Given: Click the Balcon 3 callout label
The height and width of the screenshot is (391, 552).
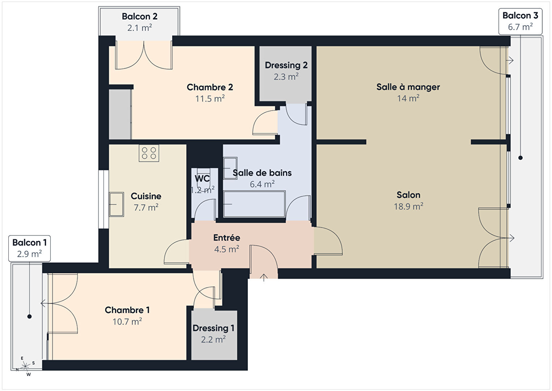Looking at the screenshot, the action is (x=520, y=21).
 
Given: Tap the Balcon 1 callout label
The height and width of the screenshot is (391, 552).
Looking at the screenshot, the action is (x=30, y=248).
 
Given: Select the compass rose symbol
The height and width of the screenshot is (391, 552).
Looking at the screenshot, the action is (x=25, y=366).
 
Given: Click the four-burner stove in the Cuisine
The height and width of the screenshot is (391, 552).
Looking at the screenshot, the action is (x=149, y=153).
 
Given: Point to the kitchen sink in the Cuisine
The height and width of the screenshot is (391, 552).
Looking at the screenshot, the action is (x=116, y=204).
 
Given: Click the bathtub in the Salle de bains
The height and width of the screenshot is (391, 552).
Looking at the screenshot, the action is (x=254, y=204).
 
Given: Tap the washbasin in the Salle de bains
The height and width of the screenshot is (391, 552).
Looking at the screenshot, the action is (x=230, y=168).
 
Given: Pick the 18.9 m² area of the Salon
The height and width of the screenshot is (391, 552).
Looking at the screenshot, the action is (x=408, y=206).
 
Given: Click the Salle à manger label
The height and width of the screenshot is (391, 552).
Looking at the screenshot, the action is (x=408, y=87).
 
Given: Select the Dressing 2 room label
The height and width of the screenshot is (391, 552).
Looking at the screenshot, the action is (x=286, y=65).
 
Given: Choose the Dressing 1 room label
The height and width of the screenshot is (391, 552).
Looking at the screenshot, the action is (x=213, y=328).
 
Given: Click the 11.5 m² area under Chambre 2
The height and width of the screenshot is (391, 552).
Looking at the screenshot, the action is (x=210, y=99).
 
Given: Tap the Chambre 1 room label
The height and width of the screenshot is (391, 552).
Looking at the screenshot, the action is (x=127, y=310).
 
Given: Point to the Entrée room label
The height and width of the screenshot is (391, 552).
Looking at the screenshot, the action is (x=227, y=237).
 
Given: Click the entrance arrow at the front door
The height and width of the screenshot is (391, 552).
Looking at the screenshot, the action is (x=264, y=278).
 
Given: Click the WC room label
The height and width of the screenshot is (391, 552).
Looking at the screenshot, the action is (x=202, y=178).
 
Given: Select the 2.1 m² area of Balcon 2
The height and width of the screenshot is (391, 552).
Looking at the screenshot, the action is (x=140, y=28).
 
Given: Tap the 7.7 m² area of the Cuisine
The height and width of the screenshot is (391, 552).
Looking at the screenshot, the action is (x=146, y=208).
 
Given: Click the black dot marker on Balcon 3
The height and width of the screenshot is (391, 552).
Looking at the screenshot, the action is (x=521, y=158).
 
